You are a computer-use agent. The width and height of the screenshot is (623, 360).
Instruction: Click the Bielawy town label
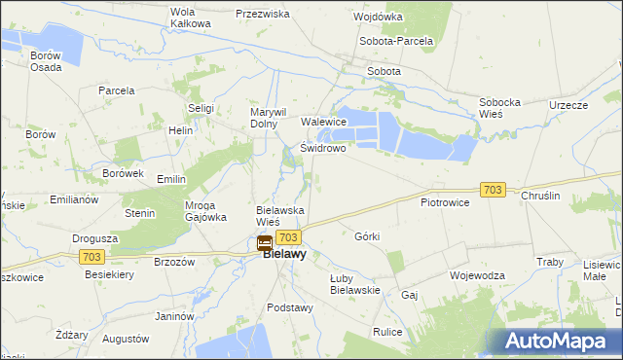[x=285, y=255]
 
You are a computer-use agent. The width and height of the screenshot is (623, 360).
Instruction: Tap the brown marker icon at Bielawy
[x=265, y=243]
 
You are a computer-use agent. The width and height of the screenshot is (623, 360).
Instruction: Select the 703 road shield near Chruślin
[x=493, y=190]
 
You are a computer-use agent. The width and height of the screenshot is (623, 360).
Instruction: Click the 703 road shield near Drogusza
[x=92, y=256]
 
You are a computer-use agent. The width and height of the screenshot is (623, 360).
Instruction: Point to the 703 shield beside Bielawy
[x=287, y=237]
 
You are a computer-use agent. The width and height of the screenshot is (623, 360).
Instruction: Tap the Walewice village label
[x=324, y=122]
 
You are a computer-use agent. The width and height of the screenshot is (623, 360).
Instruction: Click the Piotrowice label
[x=445, y=202]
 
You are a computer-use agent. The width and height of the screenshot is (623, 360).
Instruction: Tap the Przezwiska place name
[x=263, y=15]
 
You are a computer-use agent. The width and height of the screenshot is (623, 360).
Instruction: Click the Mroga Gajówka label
[x=204, y=210]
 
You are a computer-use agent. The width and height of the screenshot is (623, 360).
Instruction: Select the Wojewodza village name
[x=477, y=275]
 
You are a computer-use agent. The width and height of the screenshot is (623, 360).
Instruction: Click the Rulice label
[x=387, y=332]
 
